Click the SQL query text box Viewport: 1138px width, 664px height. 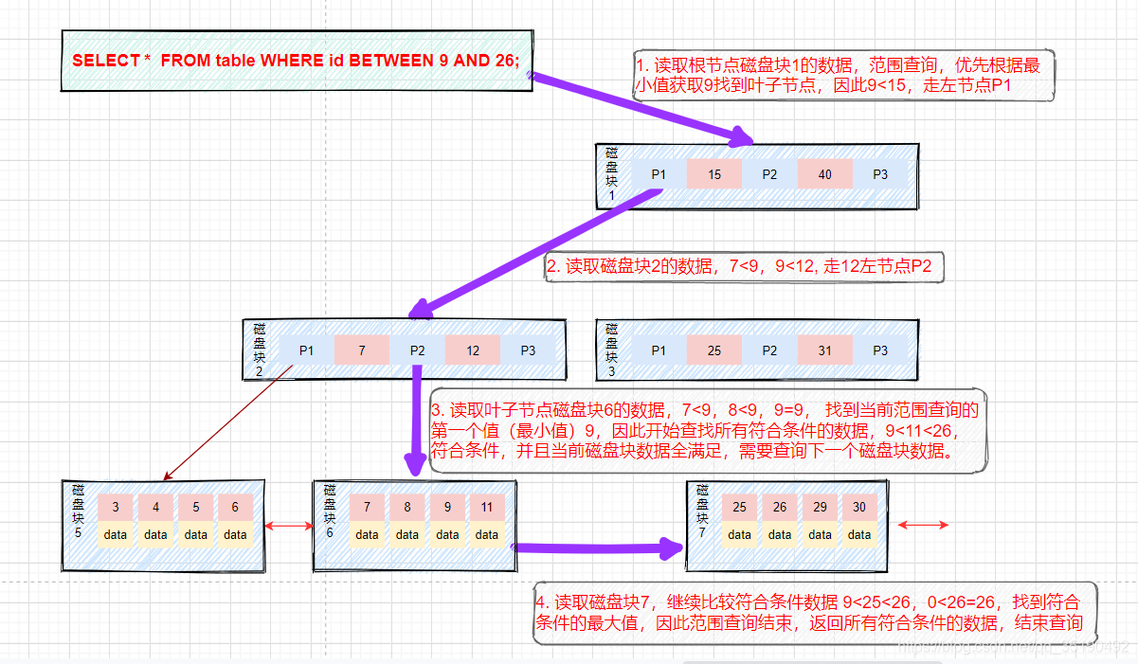click(x=297, y=60)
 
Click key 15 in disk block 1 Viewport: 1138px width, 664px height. click(x=714, y=174)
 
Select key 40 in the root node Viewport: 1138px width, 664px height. click(x=824, y=174)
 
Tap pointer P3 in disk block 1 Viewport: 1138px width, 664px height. click(x=880, y=174)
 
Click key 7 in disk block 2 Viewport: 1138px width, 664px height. click(x=361, y=350)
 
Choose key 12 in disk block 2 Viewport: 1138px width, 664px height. click(x=472, y=350)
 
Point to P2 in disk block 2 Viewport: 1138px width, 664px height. click(x=417, y=350)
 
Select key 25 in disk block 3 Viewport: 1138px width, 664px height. click(x=714, y=350)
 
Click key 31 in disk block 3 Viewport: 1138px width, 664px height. click(x=824, y=350)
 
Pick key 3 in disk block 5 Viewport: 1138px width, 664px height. click(x=116, y=507)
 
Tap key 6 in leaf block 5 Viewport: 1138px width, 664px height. click(x=235, y=507)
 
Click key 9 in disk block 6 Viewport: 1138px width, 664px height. click(x=447, y=507)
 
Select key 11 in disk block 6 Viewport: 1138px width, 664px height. click(x=487, y=507)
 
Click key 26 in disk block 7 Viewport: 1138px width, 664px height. click(x=780, y=507)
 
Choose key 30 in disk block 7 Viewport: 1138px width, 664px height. click(x=859, y=507)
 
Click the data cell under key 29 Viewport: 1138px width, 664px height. click(x=820, y=534)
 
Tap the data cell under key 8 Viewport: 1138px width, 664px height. click(x=407, y=534)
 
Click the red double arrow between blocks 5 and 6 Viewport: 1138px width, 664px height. click(x=289, y=526)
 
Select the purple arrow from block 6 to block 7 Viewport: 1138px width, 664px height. click(x=597, y=547)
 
